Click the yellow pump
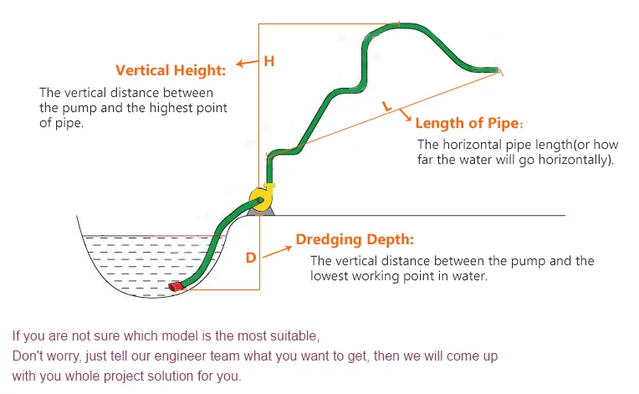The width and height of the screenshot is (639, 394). (x=260, y=197)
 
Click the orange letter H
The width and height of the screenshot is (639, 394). (x=268, y=61)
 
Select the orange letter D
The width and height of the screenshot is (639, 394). (x=250, y=258)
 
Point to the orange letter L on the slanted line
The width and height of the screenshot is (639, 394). (x=386, y=106)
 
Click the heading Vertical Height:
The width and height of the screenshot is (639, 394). (x=171, y=70)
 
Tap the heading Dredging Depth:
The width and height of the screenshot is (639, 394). (x=355, y=240)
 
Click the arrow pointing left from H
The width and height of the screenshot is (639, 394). (x=245, y=63)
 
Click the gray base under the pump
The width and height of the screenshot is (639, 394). (x=258, y=210)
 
